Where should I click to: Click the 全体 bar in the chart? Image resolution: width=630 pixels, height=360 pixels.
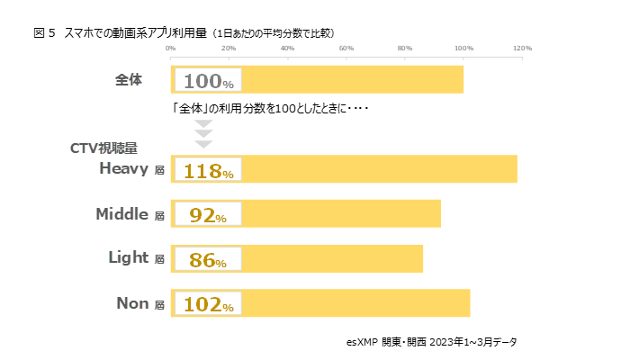[351, 79]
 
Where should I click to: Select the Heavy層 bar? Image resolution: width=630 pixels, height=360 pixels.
[378, 169]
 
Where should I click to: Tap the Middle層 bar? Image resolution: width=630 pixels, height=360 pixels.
[342, 214]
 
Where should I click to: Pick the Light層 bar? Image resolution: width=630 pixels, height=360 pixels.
[333, 258]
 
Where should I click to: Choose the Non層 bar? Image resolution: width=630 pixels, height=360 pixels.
[355, 303]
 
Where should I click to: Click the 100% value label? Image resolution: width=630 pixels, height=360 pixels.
[208, 81]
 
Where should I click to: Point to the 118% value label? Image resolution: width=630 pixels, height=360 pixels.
[208, 171]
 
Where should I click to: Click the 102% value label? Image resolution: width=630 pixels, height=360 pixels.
[208, 305]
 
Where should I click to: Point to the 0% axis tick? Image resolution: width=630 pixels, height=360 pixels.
[171, 48]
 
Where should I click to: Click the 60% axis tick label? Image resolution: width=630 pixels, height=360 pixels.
[346, 48]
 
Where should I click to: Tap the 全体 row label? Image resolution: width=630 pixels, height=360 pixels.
[129, 79]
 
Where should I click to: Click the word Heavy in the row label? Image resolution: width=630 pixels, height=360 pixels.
[124, 168]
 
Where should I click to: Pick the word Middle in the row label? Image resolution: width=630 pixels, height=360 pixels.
[121, 213]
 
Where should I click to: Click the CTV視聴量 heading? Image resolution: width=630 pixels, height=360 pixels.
[103, 148]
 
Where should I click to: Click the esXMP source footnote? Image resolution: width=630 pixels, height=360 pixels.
[431, 342]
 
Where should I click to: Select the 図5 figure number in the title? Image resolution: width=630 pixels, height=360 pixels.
[44, 32]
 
